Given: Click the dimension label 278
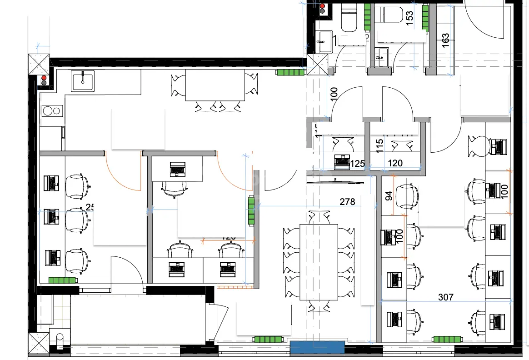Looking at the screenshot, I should coord(347,202).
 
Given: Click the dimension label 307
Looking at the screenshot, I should coord(445,297).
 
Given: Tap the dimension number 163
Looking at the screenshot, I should coord(445,40).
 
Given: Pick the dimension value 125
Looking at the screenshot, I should coord(358,163).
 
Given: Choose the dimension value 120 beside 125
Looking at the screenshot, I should coord(395,163).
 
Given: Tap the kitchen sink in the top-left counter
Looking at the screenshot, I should coord(82,80).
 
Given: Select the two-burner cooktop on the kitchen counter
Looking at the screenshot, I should coord(52,110).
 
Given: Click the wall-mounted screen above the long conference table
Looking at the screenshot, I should coord(335,181).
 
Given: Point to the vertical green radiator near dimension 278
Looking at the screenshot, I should coord(251,210).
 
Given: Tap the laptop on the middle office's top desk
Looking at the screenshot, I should coord(177,169).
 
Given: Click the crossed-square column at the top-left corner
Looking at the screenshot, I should coord(38,64).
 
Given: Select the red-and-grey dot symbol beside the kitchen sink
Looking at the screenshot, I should coord(44,80).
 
